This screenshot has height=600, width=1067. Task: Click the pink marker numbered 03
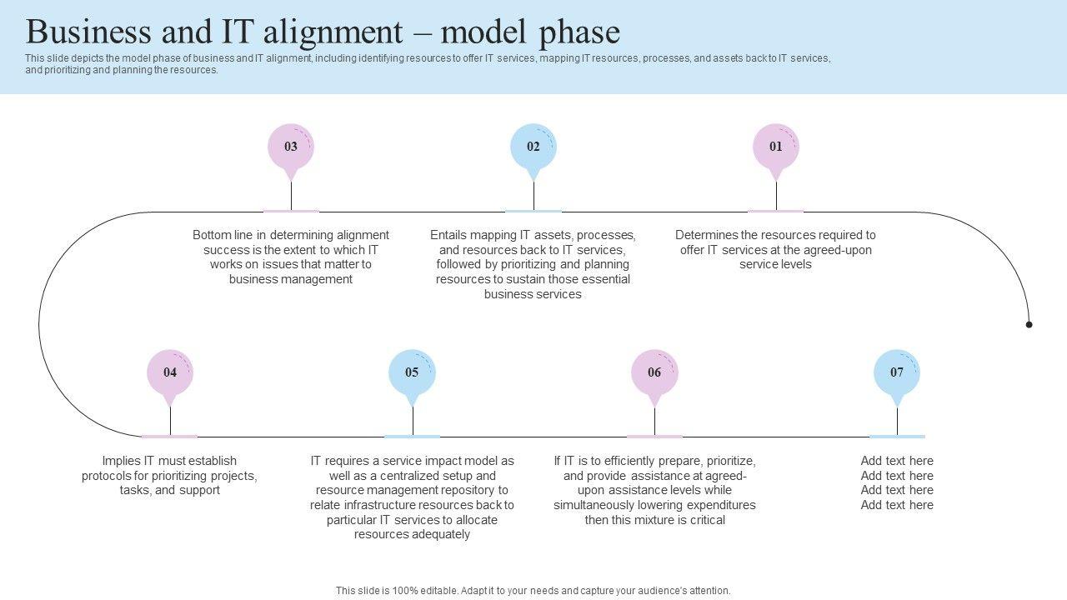point(291,147)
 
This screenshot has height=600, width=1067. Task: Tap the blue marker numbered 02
point(533,147)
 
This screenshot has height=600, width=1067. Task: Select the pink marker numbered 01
point(776,147)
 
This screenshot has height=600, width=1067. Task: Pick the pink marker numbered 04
point(170,372)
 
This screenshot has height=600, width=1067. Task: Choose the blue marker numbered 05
point(413,372)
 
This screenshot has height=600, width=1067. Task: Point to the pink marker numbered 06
point(654,372)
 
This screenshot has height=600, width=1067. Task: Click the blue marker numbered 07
point(897,372)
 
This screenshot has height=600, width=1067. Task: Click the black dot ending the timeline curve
point(1029,324)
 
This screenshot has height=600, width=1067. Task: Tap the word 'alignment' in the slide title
point(338,32)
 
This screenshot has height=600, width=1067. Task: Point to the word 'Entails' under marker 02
point(448,235)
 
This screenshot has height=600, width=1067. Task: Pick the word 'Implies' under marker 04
point(123,461)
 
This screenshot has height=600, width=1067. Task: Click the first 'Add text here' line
point(897,461)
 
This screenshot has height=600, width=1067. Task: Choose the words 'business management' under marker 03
point(291,279)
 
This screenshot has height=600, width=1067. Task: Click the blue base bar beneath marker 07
point(897,436)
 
